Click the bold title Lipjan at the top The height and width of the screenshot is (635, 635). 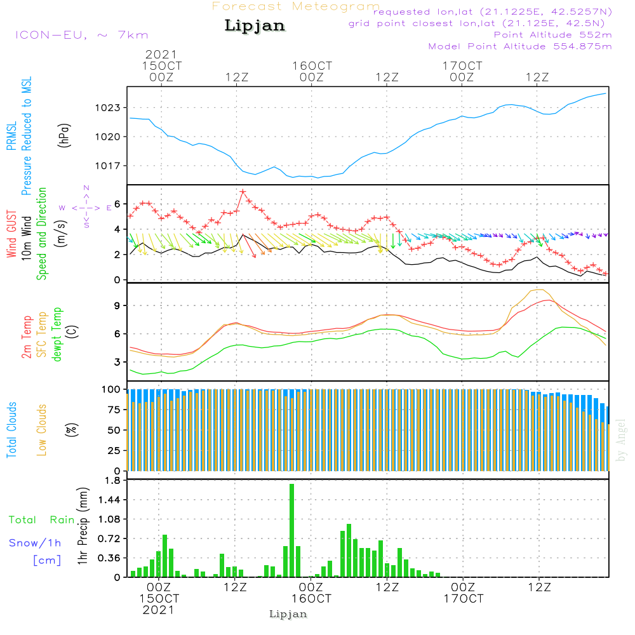coord(255,26)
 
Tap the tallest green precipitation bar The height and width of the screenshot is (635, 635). coord(291,530)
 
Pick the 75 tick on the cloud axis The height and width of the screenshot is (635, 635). coord(113,410)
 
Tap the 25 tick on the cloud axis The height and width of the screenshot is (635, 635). coord(113,451)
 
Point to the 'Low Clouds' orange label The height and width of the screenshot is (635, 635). coord(42,429)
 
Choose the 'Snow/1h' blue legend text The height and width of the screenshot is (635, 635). coord(35,543)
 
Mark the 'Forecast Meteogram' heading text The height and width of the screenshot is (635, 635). coord(296,6)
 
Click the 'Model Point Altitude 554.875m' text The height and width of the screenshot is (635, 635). coord(520,46)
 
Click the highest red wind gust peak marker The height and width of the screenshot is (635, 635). coord(243,191)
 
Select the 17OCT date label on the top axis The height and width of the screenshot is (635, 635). coord(463,65)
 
